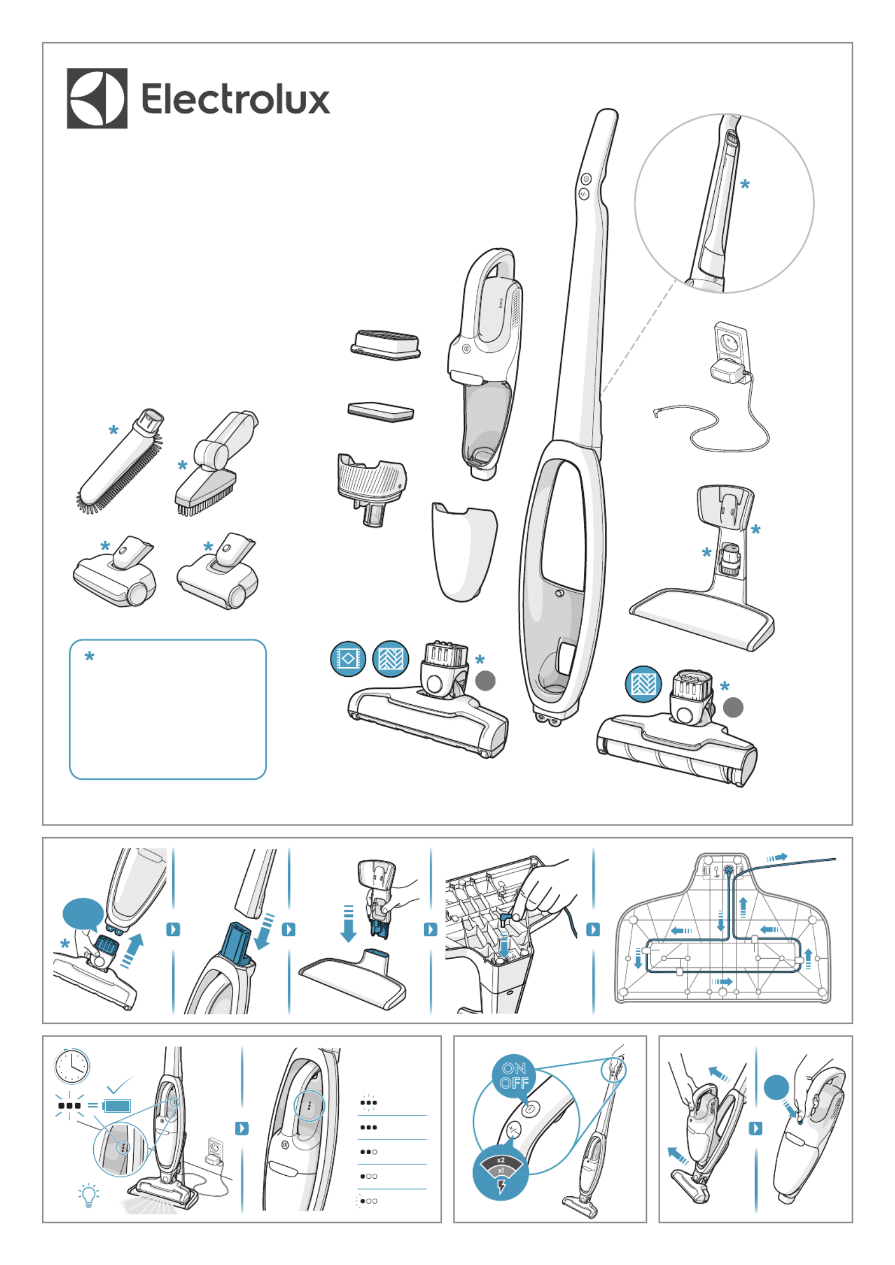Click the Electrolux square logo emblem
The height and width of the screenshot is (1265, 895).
click(x=97, y=98)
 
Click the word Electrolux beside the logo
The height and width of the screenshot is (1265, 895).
click(x=235, y=98)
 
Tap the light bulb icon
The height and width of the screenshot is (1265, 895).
click(x=89, y=1195)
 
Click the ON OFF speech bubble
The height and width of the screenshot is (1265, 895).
click(x=514, y=1076)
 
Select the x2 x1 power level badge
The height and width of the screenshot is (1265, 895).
click(x=500, y=1172)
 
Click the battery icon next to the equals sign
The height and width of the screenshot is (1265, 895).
click(x=117, y=1105)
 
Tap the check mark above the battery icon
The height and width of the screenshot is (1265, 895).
click(x=120, y=1084)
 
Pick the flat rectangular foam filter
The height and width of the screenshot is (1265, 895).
click(x=380, y=411)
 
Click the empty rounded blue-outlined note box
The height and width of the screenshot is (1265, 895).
click(x=168, y=709)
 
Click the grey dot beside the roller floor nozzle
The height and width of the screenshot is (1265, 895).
click(x=732, y=708)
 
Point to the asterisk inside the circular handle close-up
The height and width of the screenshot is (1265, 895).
click(x=745, y=184)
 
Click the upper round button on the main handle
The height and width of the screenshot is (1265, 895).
click(x=586, y=179)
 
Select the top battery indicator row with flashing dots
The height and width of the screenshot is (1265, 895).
click(x=368, y=1102)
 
